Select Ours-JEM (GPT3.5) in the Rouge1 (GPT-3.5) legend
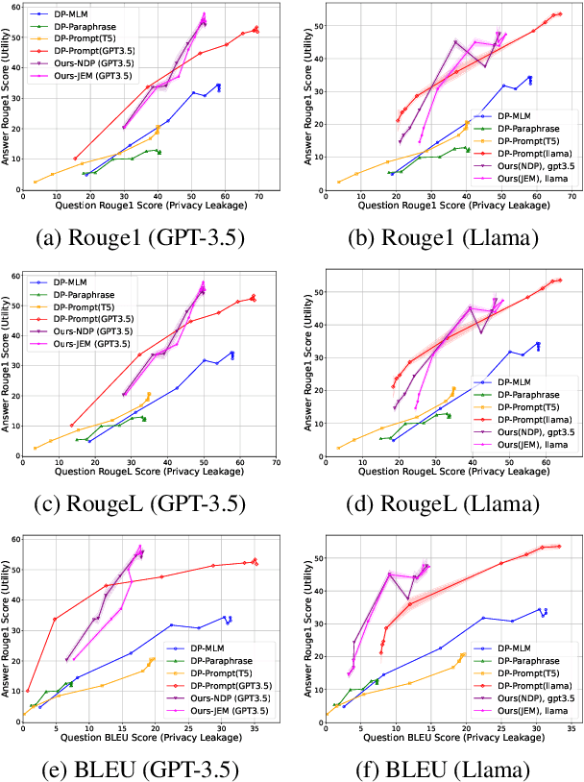coord(95,73)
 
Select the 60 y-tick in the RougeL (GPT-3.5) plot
coord(14,276)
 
